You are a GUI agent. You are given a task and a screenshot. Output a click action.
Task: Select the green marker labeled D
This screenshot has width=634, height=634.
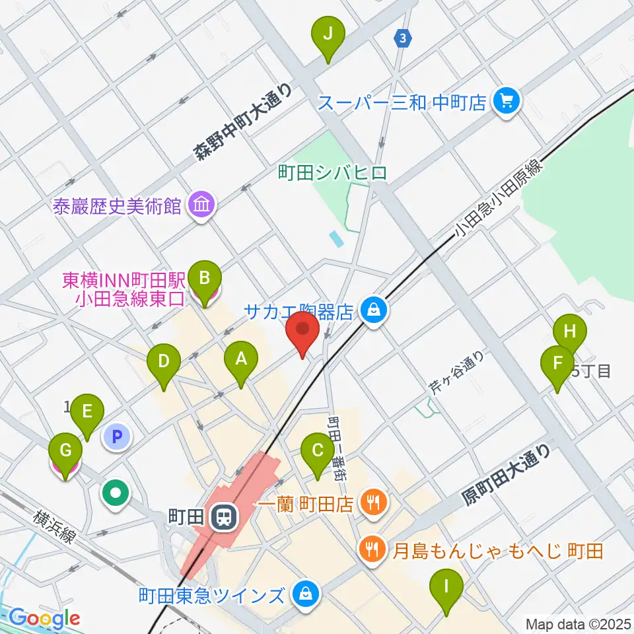coord(164,364)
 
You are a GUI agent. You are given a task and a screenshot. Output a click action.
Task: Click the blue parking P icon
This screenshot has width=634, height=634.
coord(117,436)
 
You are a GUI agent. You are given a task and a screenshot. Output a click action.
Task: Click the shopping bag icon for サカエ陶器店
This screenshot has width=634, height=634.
coord(374,309)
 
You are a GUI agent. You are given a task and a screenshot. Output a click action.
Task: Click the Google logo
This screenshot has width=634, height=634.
coord(45,617)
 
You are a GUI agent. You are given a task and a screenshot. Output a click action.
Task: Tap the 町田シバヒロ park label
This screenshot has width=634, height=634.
coord(332,174)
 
